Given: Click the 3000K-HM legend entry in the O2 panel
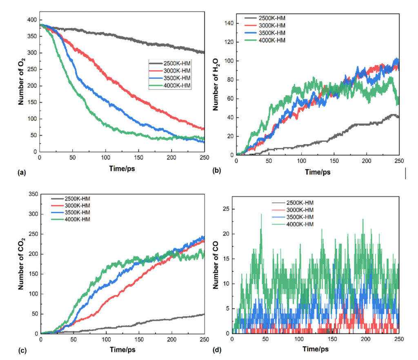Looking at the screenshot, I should [x=171, y=71].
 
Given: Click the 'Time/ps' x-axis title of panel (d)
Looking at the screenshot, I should [x=316, y=350].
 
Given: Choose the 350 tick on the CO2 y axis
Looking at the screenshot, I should [x=32, y=194].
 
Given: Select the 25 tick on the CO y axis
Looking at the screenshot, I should [x=226, y=209].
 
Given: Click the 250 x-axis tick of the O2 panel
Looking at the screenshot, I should [x=204, y=157].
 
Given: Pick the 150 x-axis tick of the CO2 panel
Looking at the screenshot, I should [x=139, y=340].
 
